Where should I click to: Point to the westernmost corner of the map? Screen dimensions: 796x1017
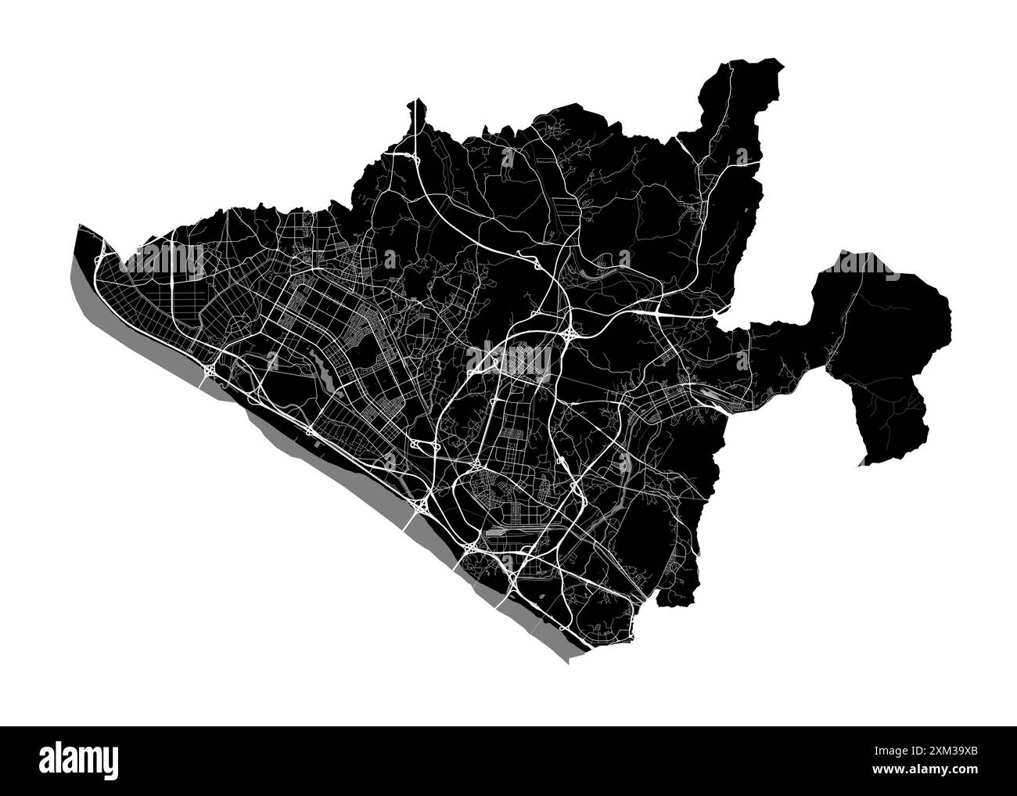(78, 227)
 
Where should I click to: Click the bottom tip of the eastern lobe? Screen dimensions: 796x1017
(863, 463)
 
